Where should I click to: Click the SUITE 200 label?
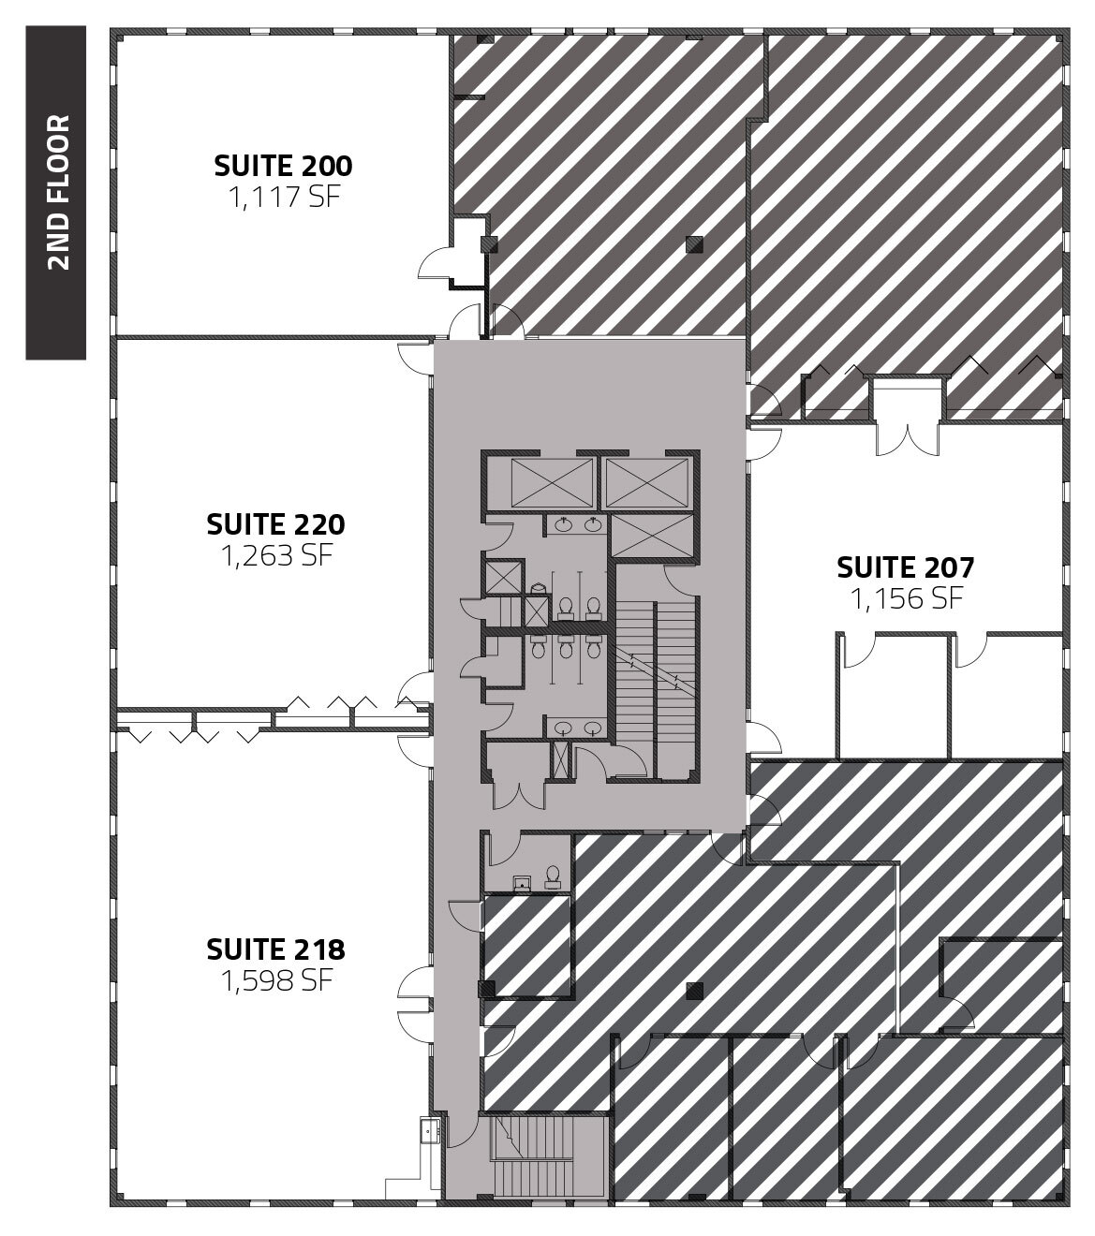point(283,166)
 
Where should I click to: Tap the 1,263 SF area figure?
point(275,554)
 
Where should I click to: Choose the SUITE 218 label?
point(275,949)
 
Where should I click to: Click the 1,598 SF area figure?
point(275,981)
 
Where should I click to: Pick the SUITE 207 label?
point(905,566)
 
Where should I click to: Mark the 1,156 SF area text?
point(906,597)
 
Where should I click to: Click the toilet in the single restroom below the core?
point(553,875)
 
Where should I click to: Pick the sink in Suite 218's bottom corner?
point(429,1132)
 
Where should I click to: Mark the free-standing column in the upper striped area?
point(692,244)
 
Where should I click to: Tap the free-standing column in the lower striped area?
point(693,989)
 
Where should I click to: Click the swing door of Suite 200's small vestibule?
point(434,266)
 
